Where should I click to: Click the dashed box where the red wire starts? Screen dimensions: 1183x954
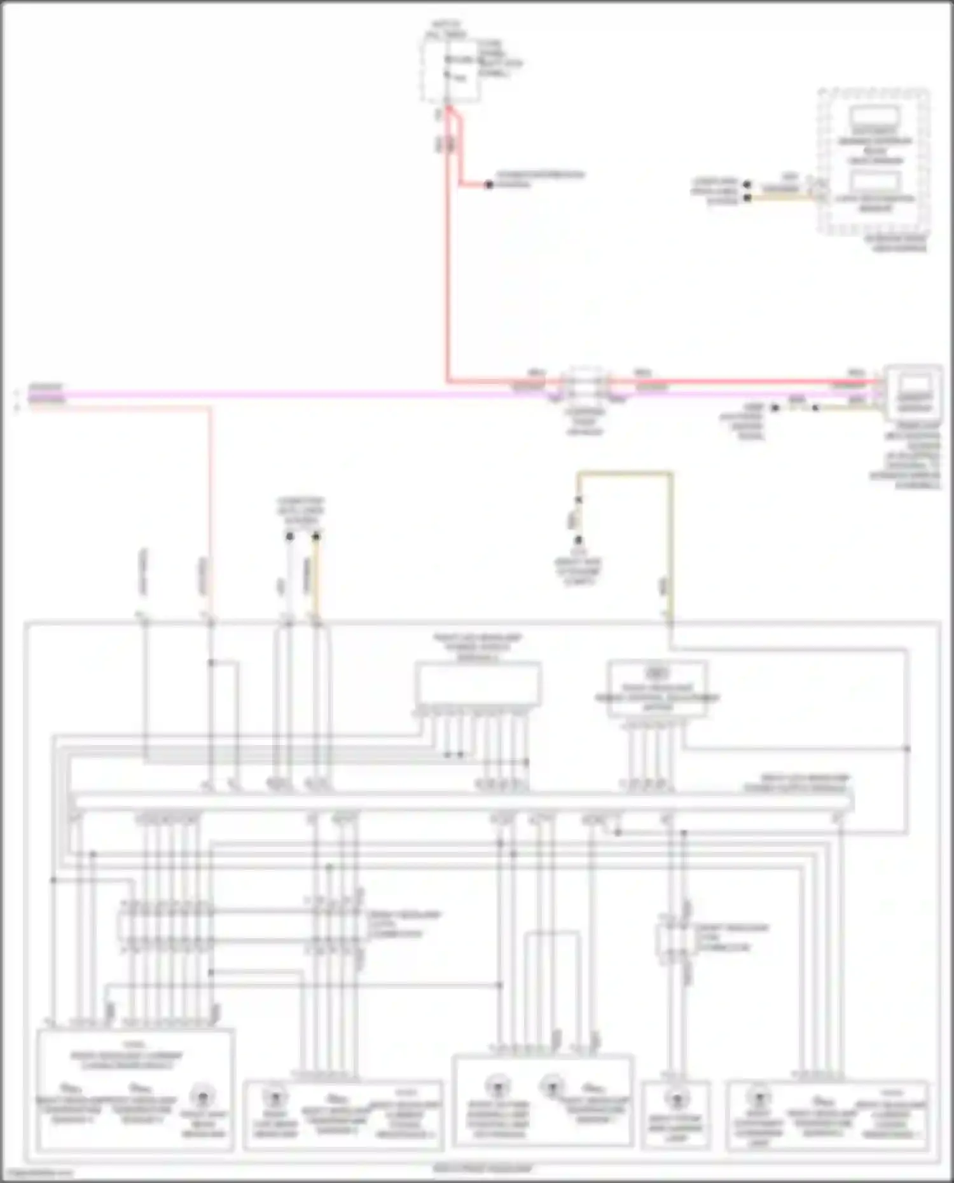[x=450, y=70]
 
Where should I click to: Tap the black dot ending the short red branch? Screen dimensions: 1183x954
[x=488, y=185]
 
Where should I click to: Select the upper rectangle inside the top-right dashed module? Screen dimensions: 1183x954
[x=875, y=117]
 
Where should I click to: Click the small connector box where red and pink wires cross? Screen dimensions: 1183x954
[x=585, y=385]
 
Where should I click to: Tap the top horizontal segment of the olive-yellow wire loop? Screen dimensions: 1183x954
[x=623, y=474]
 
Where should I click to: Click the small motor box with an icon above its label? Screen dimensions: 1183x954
[x=657, y=688]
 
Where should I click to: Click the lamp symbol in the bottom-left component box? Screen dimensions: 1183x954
[x=202, y=1097]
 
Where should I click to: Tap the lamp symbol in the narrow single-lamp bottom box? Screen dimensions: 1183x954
[x=675, y=1098]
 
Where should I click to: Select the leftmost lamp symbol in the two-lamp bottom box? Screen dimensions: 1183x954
[x=498, y=1085]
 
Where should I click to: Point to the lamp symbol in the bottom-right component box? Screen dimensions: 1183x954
[x=757, y=1097]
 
